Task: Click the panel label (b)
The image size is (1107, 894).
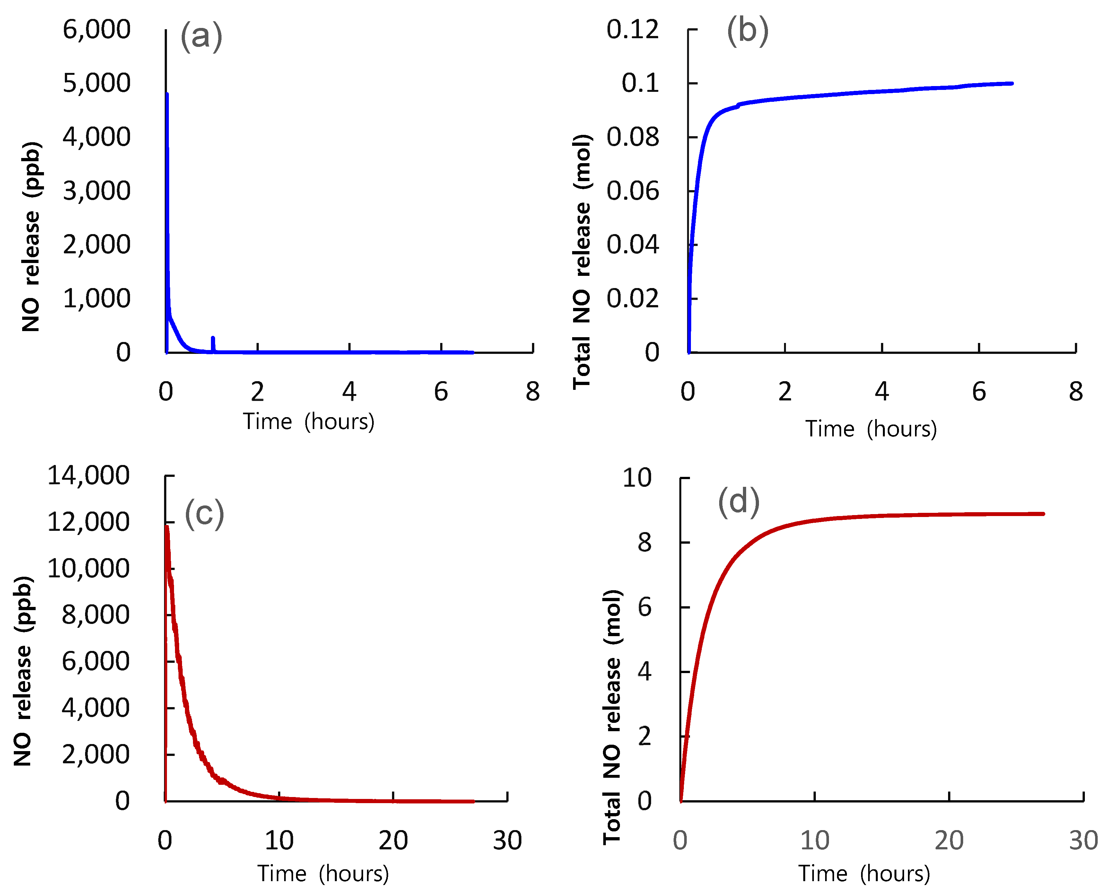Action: pos(748,31)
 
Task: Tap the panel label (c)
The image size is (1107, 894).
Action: pos(205,513)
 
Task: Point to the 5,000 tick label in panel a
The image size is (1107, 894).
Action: pos(97,83)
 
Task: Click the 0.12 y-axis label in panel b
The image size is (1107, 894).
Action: pos(632,29)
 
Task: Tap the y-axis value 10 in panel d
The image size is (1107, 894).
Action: pos(637,478)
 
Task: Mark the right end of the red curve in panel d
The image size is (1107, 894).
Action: pos(1043,514)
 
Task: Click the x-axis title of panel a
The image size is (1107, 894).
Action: pos(309,422)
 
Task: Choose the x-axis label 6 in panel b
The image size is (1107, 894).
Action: pos(979,392)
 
